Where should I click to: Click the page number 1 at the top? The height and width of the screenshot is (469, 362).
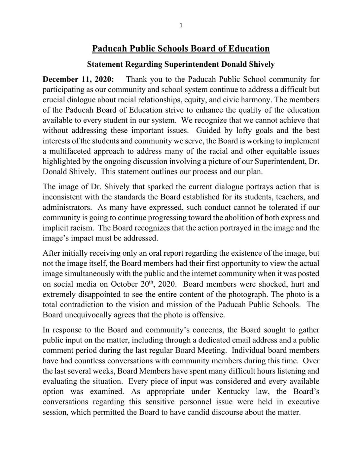pos(181,26)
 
